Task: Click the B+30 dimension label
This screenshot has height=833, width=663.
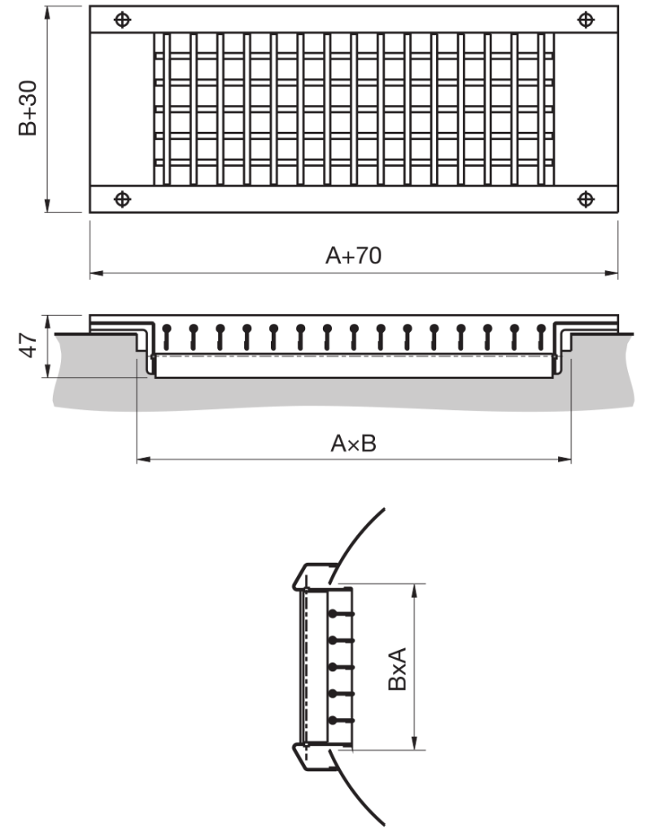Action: click(28, 110)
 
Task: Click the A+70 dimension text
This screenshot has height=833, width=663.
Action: click(353, 255)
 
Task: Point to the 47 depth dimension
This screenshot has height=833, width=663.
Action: click(28, 346)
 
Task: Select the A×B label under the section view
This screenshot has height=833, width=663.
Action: click(353, 444)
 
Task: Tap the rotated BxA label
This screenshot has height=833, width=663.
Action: click(396, 668)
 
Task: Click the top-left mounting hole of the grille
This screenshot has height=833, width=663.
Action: click(121, 20)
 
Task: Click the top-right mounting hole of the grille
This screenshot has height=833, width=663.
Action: click(585, 20)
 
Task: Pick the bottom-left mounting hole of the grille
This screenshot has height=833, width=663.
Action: click(121, 198)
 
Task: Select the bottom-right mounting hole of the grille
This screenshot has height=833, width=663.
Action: click(585, 198)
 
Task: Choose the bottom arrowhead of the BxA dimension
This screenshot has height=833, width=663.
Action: click(417, 744)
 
